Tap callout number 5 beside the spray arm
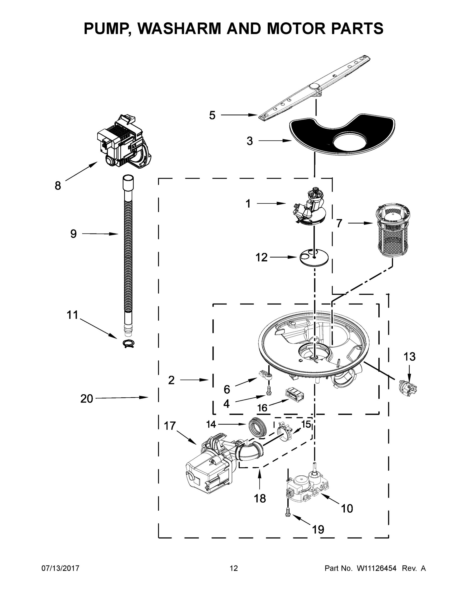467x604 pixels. [212, 115]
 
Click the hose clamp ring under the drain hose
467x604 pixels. [128, 344]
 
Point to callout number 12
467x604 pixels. [261, 257]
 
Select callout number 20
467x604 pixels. [87, 399]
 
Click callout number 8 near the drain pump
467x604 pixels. [58, 185]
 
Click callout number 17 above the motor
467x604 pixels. [170, 426]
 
